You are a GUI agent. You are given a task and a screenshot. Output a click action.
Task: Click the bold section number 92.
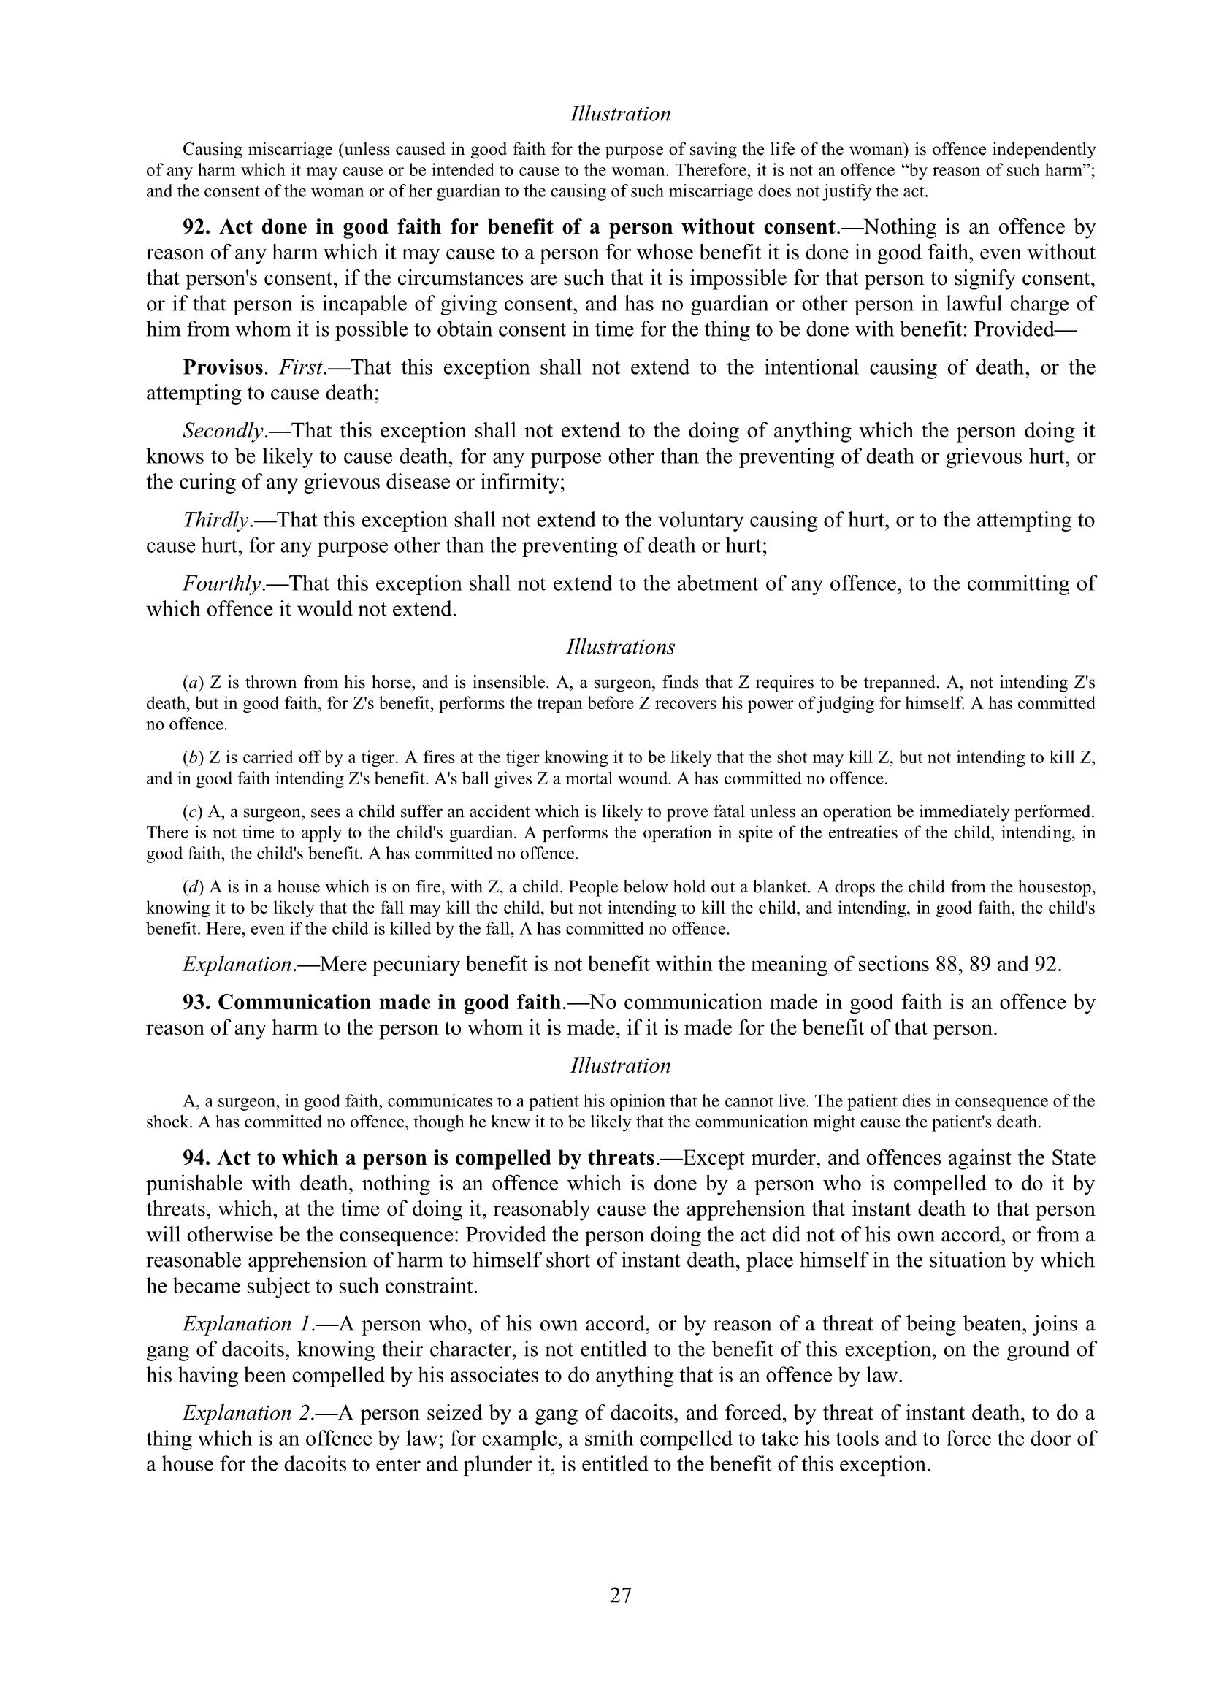click(x=197, y=227)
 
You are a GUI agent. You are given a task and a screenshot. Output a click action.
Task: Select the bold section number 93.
click(x=197, y=1002)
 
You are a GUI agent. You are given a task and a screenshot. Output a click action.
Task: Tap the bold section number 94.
click(x=197, y=1158)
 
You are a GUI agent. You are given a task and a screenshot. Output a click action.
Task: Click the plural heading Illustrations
click(x=620, y=647)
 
